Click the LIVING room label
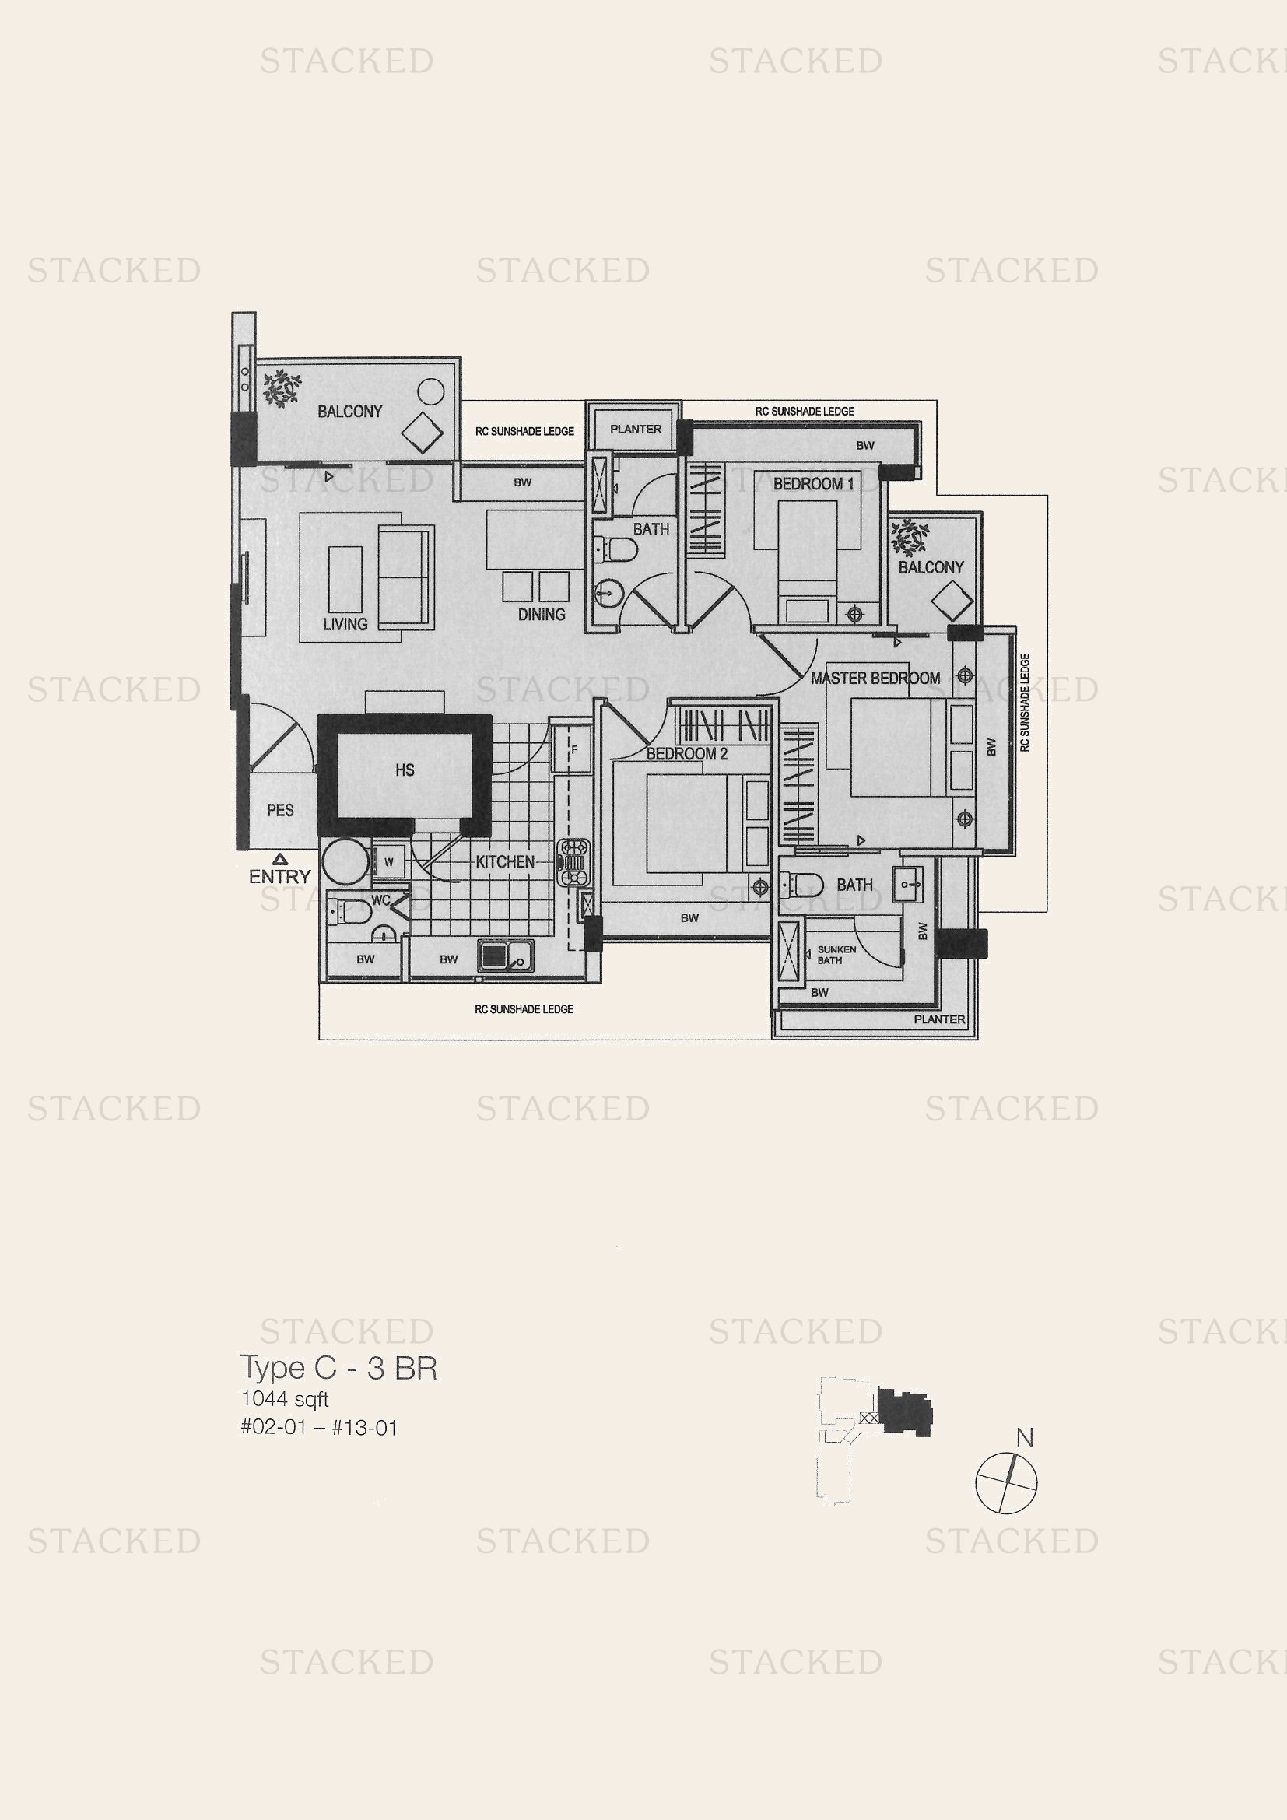click(x=345, y=625)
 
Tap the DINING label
click(x=542, y=615)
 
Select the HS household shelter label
click(x=404, y=770)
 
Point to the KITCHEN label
click(x=505, y=861)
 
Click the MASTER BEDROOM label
click(x=875, y=679)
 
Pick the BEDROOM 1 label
click(x=813, y=483)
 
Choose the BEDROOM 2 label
click(x=686, y=754)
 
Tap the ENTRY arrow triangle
click(x=280, y=858)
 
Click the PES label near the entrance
click(x=280, y=810)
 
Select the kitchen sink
click(x=506, y=955)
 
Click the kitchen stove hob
click(x=573, y=862)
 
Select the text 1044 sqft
click(x=285, y=1399)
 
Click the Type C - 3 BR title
click(x=338, y=1368)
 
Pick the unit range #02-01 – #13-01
click(x=318, y=1428)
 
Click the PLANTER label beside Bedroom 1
click(x=636, y=429)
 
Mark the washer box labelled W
click(x=388, y=861)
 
